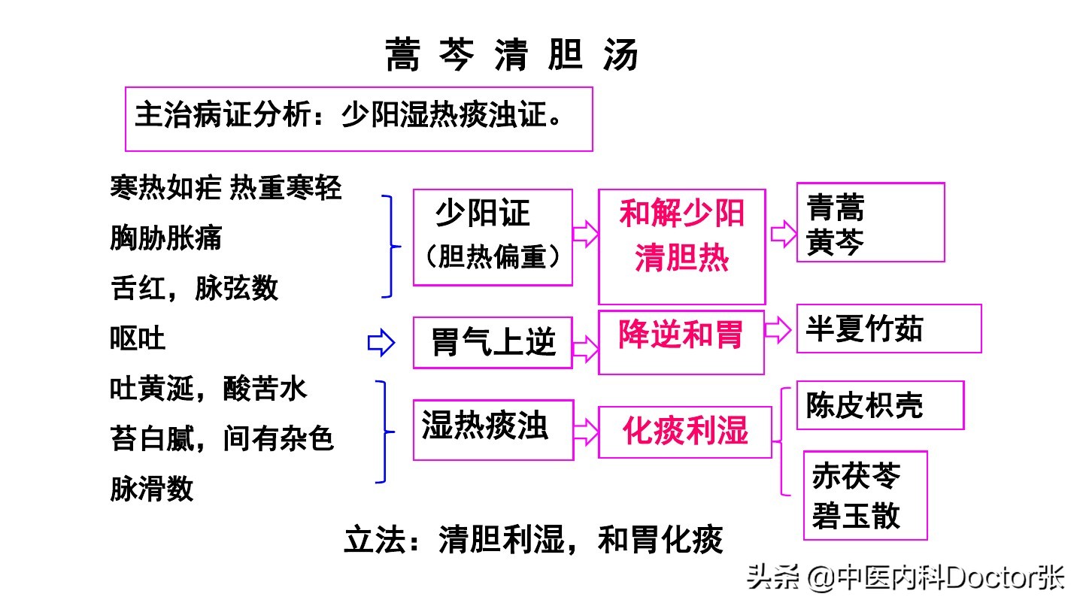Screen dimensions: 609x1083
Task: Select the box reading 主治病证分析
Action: [x=358, y=118]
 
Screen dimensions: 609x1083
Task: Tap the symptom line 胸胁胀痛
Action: [x=166, y=238]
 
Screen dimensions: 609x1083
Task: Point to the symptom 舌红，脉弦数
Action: [x=195, y=288]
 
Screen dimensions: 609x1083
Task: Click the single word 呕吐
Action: [x=138, y=339]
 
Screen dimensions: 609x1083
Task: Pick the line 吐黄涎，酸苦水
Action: [x=208, y=389]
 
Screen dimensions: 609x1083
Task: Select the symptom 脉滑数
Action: [x=152, y=488]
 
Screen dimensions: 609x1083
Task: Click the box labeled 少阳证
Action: [x=493, y=237]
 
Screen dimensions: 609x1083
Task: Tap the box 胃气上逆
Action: [x=493, y=343]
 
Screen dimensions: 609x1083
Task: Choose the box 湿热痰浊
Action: [x=493, y=429]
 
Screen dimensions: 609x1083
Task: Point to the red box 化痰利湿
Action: [x=684, y=432]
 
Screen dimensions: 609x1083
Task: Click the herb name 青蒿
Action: [x=835, y=207]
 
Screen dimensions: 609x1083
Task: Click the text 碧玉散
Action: [x=856, y=516]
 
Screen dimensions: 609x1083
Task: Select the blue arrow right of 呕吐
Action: [x=381, y=344]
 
